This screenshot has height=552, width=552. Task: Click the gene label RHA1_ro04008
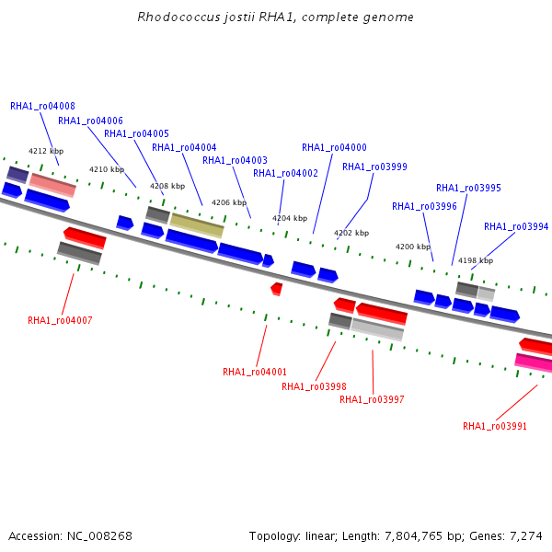point(42,106)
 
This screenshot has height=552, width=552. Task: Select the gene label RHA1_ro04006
point(90,121)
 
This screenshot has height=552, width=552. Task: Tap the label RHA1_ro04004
point(184,147)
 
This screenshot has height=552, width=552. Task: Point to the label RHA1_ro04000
point(334,147)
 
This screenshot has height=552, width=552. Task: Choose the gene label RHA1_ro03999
point(374,167)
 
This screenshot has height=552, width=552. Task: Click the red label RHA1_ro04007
point(60,320)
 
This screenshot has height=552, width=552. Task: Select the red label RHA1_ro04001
point(255,372)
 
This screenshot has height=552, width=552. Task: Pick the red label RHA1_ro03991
point(495,426)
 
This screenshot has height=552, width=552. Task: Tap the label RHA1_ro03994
point(516,226)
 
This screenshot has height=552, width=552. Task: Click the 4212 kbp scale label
point(46,151)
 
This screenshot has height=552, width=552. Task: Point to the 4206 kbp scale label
point(229,202)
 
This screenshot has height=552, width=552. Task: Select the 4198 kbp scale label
point(476,260)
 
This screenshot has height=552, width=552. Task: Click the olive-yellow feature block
point(197,225)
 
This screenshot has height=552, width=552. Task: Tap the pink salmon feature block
point(52,185)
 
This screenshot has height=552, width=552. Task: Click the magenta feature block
point(534,362)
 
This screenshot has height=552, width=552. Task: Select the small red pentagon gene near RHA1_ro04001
point(277,289)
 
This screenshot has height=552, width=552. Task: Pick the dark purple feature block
point(17,175)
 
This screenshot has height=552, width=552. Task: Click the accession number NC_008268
point(99,536)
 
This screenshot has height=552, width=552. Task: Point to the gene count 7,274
point(526,536)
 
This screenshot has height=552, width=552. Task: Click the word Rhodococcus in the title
point(178,17)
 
